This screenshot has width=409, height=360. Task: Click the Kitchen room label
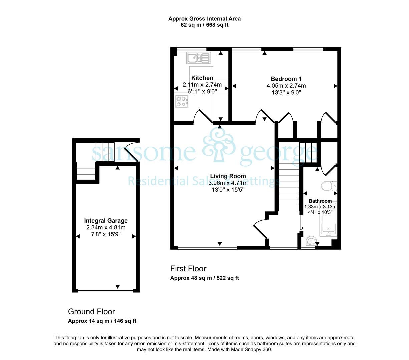(202, 78)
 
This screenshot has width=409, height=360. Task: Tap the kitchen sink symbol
(198, 58)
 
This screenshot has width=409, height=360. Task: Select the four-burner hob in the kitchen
(182, 101)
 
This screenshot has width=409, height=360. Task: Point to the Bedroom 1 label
(286, 79)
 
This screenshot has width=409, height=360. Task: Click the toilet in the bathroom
(329, 186)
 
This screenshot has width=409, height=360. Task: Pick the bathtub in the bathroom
(328, 219)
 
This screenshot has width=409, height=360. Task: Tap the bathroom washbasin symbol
(311, 241)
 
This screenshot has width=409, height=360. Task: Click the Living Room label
(228, 176)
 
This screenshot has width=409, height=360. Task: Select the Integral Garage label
(106, 221)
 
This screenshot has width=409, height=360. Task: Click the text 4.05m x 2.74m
(286, 86)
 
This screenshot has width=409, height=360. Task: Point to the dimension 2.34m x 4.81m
(106, 227)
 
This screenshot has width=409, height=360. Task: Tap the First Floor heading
(188, 269)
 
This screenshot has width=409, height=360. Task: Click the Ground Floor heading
(91, 312)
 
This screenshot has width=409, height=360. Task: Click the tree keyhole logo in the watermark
(218, 145)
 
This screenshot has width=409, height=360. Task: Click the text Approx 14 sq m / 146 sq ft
(102, 321)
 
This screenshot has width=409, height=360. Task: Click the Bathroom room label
(320, 201)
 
